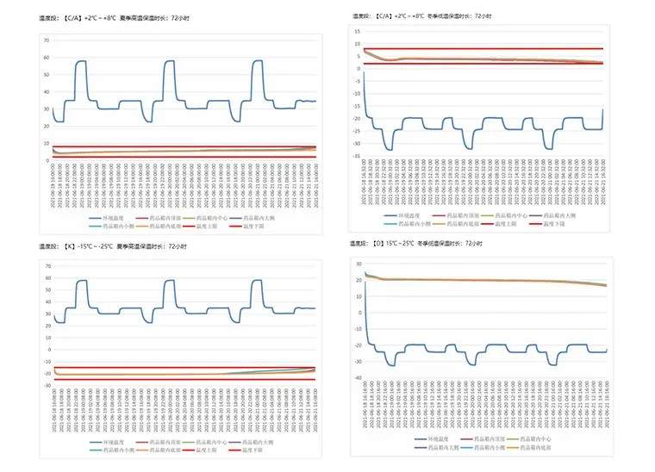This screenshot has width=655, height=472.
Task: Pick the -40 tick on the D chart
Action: (356, 378)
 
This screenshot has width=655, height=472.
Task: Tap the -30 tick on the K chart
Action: (45, 385)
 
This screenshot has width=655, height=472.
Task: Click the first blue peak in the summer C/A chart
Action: (80, 61)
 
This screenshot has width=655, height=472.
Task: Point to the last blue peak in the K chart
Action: (257, 281)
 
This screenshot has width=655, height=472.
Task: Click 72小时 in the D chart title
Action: (471, 244)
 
